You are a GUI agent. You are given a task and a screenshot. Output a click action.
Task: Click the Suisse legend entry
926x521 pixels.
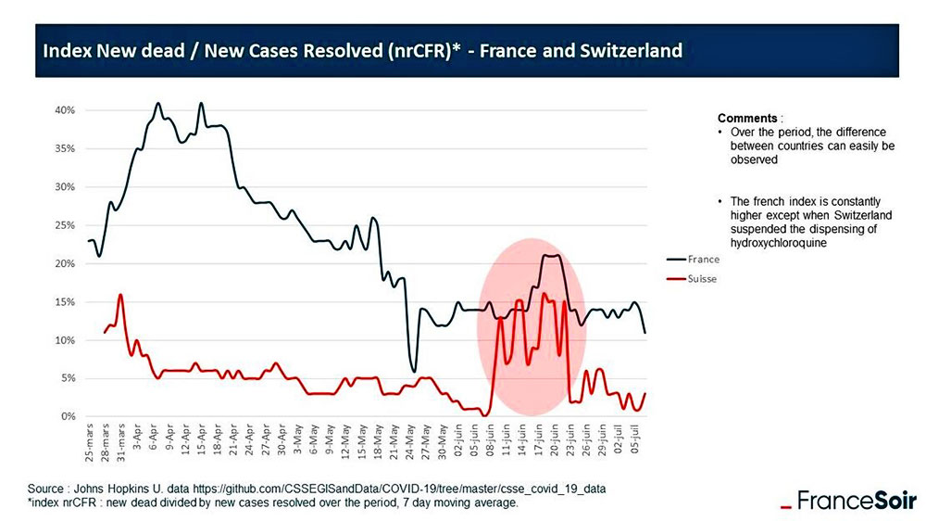tap(701, 277)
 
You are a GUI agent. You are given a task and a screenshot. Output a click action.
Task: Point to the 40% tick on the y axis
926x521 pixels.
tap(63, 109)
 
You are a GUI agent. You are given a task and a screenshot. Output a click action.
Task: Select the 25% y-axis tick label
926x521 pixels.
tap(63, 225)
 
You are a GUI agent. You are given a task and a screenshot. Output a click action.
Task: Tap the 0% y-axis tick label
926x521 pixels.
tap(66, 416)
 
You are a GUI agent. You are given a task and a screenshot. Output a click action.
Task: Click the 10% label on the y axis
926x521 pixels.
tap(63, 340)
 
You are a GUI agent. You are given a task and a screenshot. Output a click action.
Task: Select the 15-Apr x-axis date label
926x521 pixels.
tap(201, 445)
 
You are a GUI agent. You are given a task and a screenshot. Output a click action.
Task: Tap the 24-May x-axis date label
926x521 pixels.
tap(409, 445)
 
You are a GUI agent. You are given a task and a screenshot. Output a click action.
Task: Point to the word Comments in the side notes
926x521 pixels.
tap(747, 119)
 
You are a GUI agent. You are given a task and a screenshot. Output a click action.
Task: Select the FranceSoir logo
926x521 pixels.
tap(845, 502)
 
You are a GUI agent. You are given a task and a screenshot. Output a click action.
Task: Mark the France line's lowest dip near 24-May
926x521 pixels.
tap(414, 371)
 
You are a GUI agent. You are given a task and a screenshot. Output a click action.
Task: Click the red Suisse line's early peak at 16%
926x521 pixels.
tap(119, 296)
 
